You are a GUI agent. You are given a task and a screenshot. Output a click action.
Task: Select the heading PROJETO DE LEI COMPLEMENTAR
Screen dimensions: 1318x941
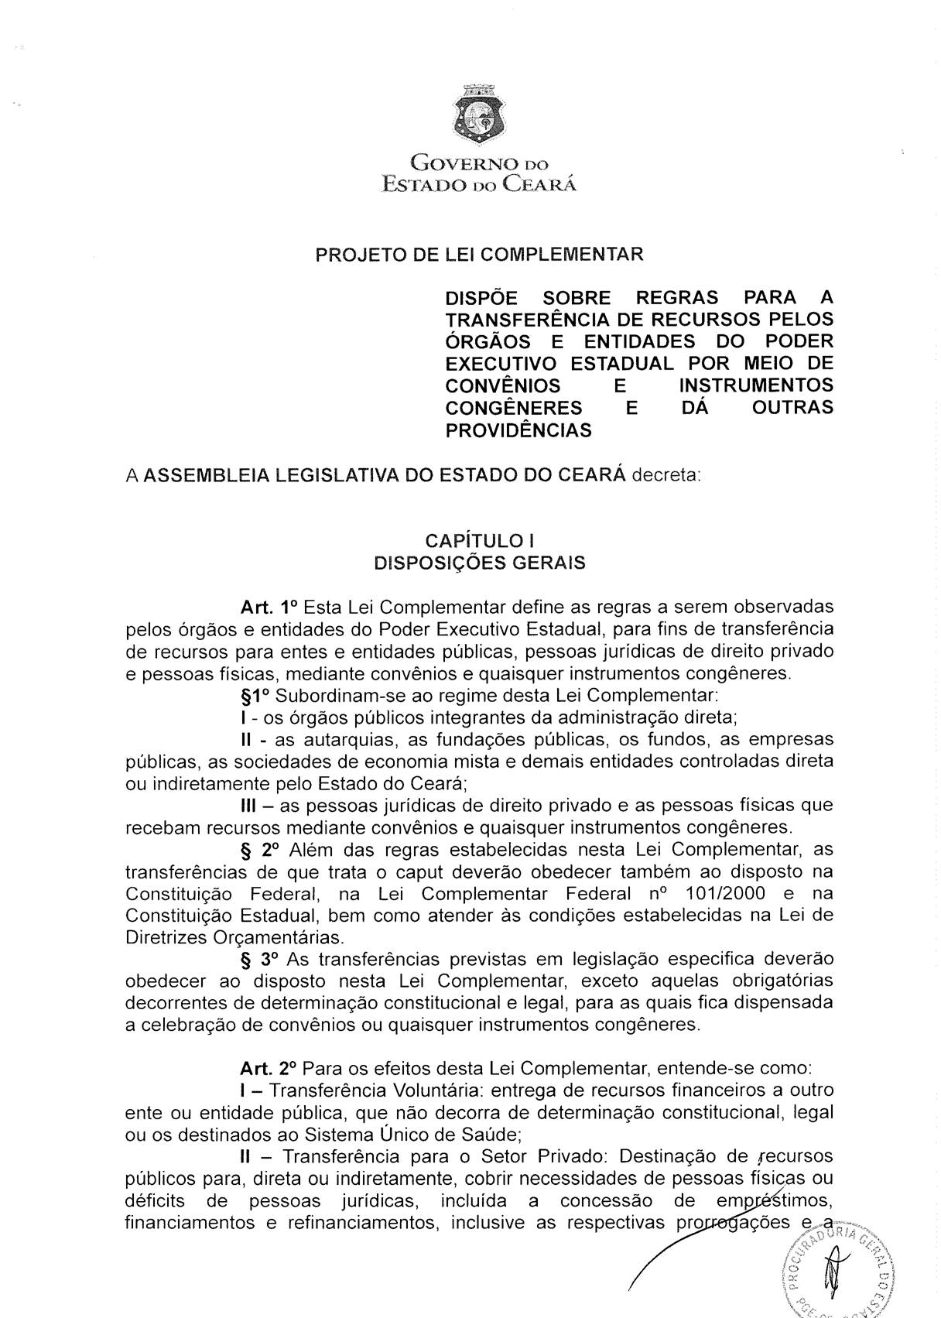479,255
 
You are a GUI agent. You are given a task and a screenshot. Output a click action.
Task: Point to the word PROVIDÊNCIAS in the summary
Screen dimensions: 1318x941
518,430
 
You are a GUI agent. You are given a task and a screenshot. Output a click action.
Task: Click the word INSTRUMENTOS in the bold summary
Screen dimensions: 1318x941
755,385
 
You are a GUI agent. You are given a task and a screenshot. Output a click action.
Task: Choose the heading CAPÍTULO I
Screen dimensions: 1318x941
479,540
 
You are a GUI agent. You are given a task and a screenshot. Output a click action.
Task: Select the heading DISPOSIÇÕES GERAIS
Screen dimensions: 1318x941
479,563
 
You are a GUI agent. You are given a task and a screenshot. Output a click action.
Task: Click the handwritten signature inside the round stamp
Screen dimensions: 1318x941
835,1273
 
